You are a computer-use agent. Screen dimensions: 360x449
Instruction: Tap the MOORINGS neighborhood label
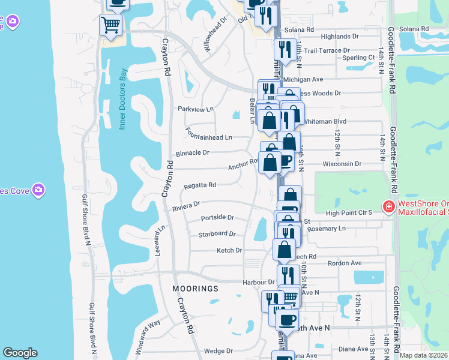coord(195,289)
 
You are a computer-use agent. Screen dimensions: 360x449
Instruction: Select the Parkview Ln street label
coord(195,109)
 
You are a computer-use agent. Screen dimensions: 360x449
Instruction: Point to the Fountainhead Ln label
coord(208,137)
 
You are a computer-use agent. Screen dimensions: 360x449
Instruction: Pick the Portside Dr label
coord(217,217)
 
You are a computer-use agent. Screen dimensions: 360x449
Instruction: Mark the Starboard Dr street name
coord(217,234)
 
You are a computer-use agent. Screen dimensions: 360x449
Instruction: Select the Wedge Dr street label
coord(218,351)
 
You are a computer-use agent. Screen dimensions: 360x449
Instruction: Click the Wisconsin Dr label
coord(342,163)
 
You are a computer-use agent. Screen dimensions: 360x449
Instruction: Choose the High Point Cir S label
coord(349,212)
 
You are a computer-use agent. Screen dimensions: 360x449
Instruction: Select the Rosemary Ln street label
coord(326,229)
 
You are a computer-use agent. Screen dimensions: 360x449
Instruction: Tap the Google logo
coord(20,353)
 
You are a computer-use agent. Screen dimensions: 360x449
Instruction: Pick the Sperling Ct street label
coord(358,58)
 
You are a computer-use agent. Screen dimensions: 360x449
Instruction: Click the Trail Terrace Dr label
coord(327,51)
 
